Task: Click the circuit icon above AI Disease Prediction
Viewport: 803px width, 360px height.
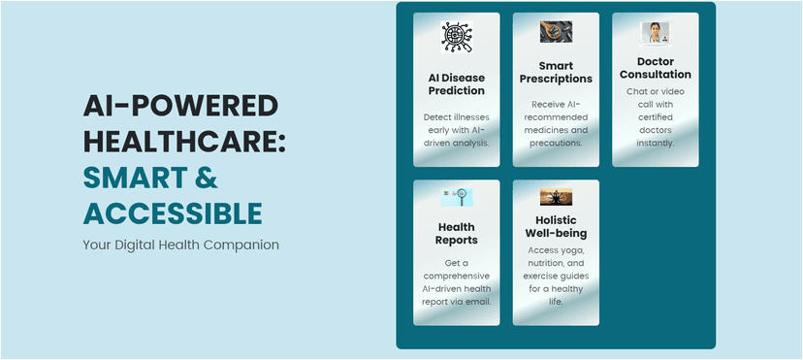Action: (x=457, y=37)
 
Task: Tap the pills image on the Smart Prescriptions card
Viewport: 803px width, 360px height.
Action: (x=556, y=32)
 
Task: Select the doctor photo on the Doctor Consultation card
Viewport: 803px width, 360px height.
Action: (x=656, y=32)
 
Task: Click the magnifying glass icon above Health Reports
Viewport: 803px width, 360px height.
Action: (x=457, y=198)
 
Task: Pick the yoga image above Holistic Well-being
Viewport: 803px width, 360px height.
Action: (x=556, y=197)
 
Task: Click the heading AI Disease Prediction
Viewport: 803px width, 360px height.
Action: (x=457, y=84)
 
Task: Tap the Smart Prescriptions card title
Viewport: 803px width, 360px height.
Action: (x=556, y=73)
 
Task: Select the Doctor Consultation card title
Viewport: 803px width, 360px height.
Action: (x=656, y=68)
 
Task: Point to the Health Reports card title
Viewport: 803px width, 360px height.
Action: (x=457, y=234)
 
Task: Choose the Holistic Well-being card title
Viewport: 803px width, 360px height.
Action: (x=556, y=227)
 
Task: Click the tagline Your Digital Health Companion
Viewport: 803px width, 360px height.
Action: (x=180, y=245)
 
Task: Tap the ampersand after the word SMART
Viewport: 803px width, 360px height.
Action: (x=207, y=178)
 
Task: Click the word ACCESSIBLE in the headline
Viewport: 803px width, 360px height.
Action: (x=173, y=213)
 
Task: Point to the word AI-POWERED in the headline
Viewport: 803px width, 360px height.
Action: (x=180, y=107)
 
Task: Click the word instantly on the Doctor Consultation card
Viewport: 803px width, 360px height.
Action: (x=656, y=143)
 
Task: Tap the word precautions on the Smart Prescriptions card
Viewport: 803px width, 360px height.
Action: (x=556, y=143)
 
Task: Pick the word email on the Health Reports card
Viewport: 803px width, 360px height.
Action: (x=479, y=302)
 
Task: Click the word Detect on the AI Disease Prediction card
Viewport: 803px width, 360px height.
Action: (x=436, y=116)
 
